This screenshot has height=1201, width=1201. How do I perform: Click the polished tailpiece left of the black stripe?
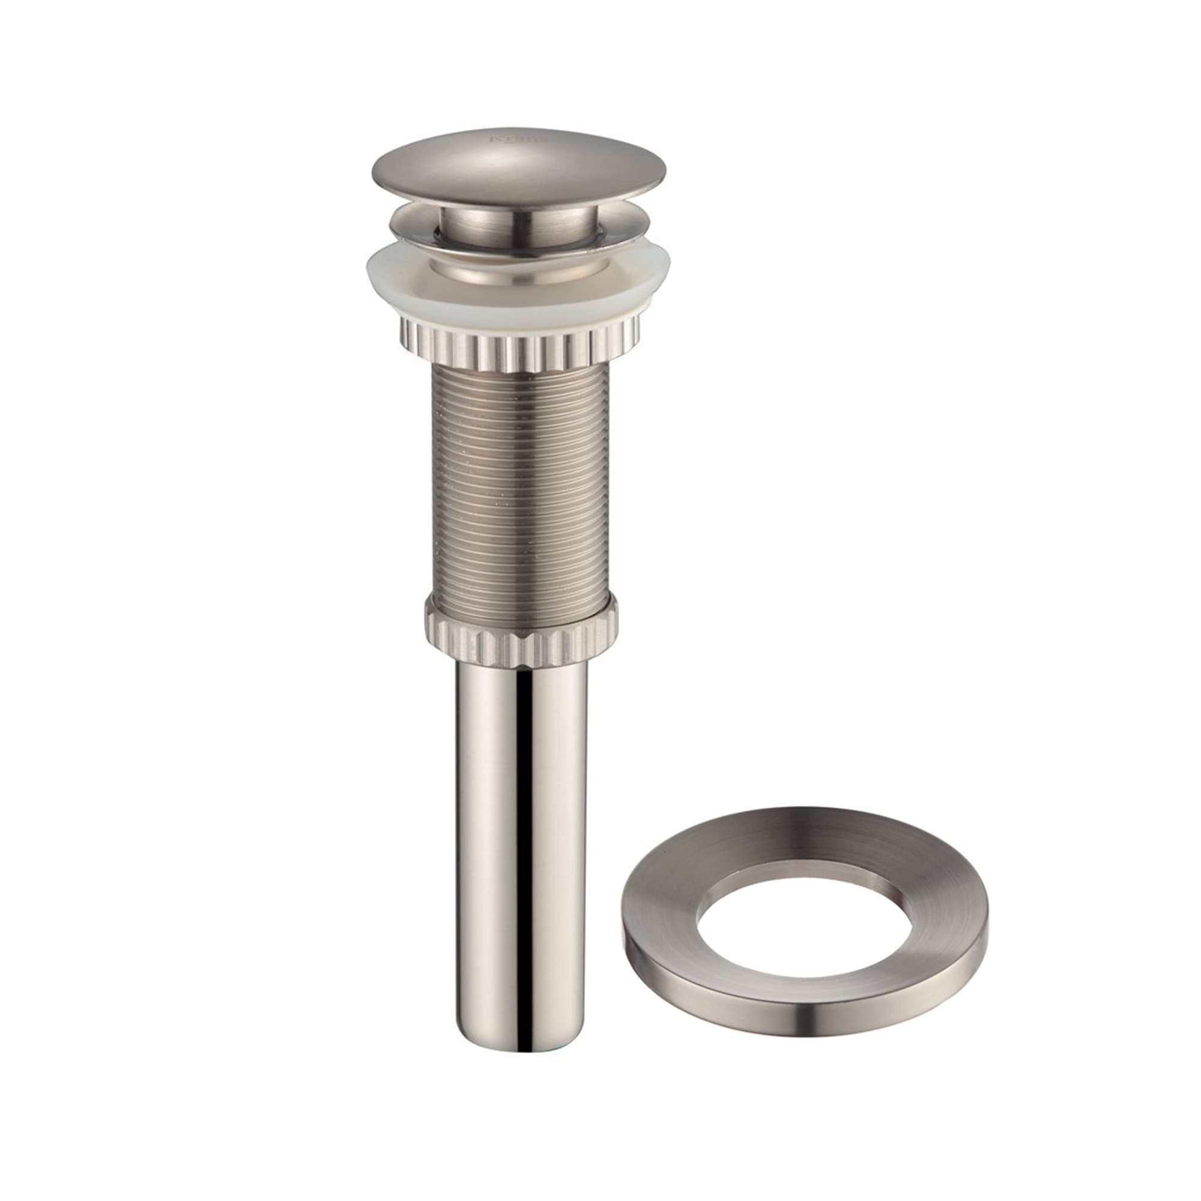pyautogui.click(x=491, y=808)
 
